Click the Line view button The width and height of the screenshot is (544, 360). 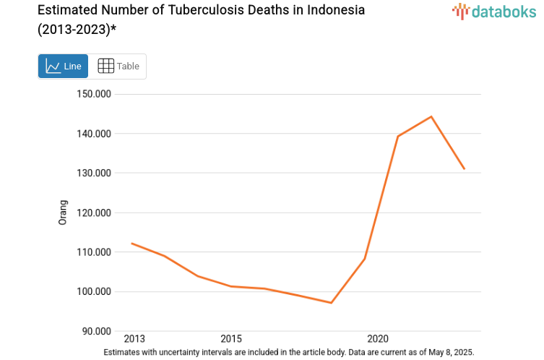pyautogui.click(x=64, y=67)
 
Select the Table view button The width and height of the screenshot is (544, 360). pyautogui.click(x=118, y=67)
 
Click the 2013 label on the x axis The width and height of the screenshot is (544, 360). pyautogui.click(x=134, y=339)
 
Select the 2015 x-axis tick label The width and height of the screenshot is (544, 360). pyautogui.click(x=231, y=339)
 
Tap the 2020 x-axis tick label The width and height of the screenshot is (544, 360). pyautogui.click(x=378, y=339)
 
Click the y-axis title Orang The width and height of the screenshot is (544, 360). pyautogui.click(x=63, y=213)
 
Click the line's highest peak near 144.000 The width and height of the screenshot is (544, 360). pyautogui.click(x=431, y=116)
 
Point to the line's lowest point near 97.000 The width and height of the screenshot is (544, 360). pyautogui.click(x=331, y=303)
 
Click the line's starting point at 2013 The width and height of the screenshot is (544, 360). pyautogui.click(x=131, y=244)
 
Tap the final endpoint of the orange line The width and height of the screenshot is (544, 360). pyautogui.click(x=465, y=169)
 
